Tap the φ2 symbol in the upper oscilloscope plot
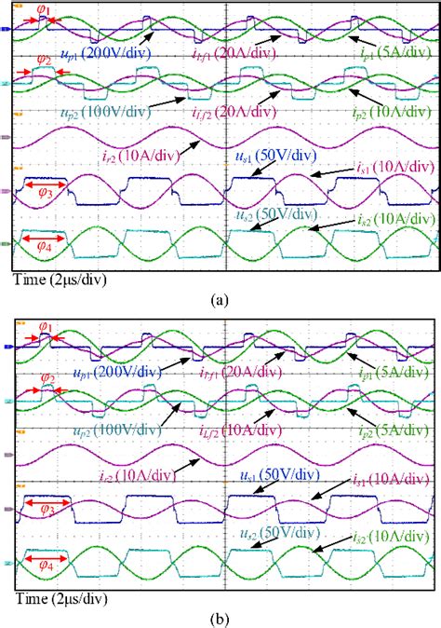43,60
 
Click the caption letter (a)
220,299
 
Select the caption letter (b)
220,616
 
